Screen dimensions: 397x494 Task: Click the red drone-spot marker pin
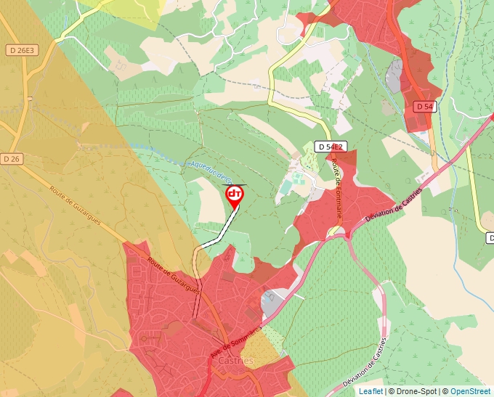(235, 195)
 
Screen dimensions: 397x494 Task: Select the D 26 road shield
(11, 159)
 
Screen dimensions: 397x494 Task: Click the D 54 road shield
(425, 107)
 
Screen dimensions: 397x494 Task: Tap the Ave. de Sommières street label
(235, 340)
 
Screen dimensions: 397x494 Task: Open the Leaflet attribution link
(370, 391)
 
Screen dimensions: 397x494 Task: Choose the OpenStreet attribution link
(470, 391)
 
